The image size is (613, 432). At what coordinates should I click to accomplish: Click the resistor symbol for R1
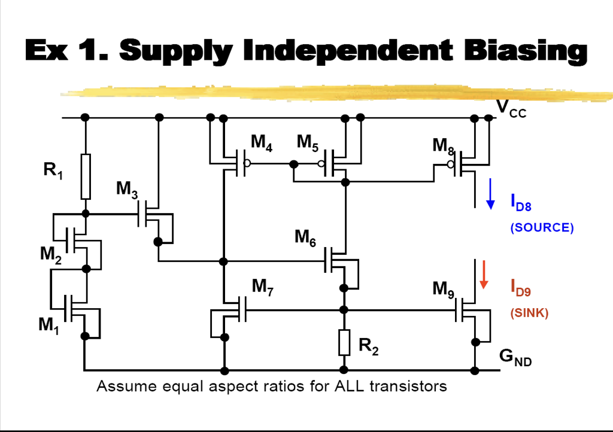[x=86, y=177]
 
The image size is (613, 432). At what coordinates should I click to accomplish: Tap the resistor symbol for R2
[x=344, y=342]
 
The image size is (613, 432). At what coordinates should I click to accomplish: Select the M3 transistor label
[x=127, y=190]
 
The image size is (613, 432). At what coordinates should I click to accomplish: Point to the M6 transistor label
[x=305, y=238]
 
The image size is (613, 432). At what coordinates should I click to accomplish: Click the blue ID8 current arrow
[x=490, y=194]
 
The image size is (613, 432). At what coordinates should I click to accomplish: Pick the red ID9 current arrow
[x=484, y=275]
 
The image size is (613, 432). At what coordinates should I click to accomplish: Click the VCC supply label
[x=511, y=109]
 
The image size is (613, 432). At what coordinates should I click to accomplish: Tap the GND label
[x=515, y=357]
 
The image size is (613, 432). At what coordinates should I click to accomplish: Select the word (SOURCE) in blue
[x=542, y=227]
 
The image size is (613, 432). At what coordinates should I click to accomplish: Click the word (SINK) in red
[x=529, y=313]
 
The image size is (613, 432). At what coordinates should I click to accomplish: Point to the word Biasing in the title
[x=526, y=51]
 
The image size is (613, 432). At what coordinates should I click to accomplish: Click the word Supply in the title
[x=175, y=51]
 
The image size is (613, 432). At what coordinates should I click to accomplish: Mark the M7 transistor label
[x=263, y=287]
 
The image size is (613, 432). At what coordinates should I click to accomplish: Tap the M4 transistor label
[x=261, y=143]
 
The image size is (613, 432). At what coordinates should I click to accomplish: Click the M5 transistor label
[x=307, y=143]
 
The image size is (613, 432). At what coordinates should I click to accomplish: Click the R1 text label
[x=53, y=171]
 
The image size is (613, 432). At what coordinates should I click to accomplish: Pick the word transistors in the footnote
[x=408, y=387]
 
